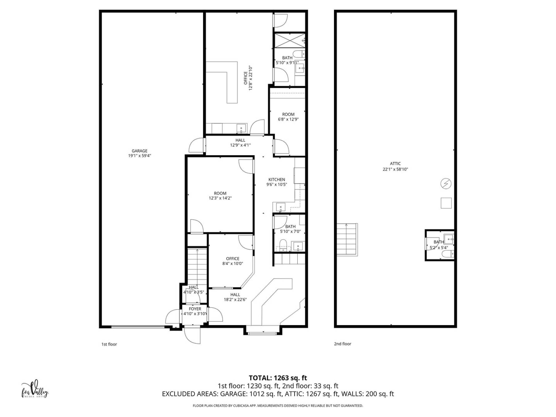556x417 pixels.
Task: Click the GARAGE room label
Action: [139, 151]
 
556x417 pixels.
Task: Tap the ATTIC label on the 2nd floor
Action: [395, 164]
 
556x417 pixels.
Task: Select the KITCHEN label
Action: [277, 180]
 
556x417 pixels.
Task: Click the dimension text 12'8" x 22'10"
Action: [250, 78]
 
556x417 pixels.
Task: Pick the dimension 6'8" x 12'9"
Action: [288, 119]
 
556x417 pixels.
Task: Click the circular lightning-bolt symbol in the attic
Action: [446, 184]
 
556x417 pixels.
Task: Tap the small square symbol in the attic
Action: [446, 203]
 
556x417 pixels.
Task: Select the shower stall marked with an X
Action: [290, 40]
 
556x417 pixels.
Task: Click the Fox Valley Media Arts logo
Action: [35, 389]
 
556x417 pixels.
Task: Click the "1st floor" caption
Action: [109, 344]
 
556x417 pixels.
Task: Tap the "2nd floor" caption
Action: [343, 344]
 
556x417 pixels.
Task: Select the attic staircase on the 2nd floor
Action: [347, 240]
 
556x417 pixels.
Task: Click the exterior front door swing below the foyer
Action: [193, 335]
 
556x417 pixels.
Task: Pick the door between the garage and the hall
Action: [197, 145]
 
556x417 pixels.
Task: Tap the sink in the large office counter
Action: [241, 128]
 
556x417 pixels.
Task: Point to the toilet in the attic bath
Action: [448, 254]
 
